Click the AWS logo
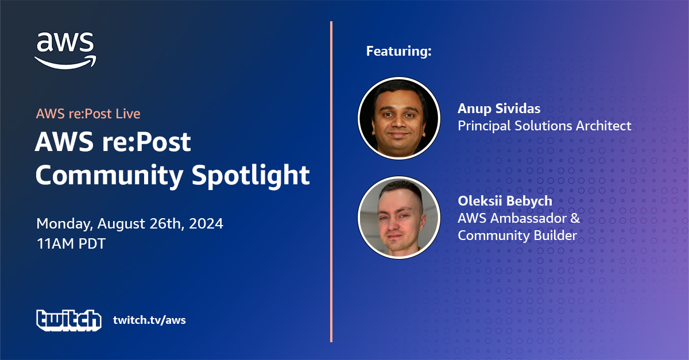pyautogui.click(x=65, y=51)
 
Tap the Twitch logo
pyautogui.click(x=69, y=320)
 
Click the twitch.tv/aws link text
pyautogui.click(x=149, y=320)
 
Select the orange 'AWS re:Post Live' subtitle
pyautogui.click(x=88, y=114)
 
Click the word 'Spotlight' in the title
pyautogui.click(x=251, y=176)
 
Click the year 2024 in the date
pyautogui.click(x=206, y=223)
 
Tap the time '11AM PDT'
pyautogui.click(x=71, y=243)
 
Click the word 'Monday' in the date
pyautogui.click(x=64, y=224)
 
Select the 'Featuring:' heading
pyautogui.click(x=398, y=51)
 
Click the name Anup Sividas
pyautogui.click(x=499, y=109)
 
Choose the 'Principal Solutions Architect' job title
pyautogui.click(x=544, y=126)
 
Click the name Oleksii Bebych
pyautogui.click(x=505, y=201)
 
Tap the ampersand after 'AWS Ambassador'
pyautogui.click(x=575, y=218)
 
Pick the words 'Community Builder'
pyautogui.click(x=517, y=235)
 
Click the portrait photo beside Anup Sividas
pyautogui.click(x=399, y=118)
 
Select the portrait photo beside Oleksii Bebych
pyautogui.click(x=399, y=218)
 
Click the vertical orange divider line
pyautogui.click(x=331, y=181)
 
